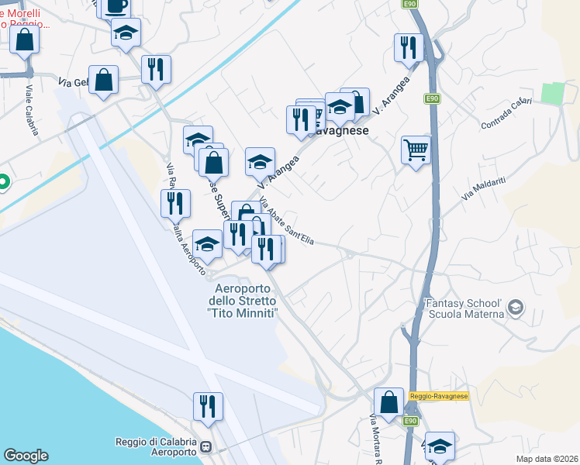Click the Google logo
26,456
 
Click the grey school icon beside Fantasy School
514,310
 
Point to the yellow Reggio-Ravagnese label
439,396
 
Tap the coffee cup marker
116,6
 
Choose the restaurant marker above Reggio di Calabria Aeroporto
208,406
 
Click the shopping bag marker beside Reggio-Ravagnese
388,401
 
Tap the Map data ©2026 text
547,459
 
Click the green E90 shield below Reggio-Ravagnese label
411,421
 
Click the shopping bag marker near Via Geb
104,79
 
